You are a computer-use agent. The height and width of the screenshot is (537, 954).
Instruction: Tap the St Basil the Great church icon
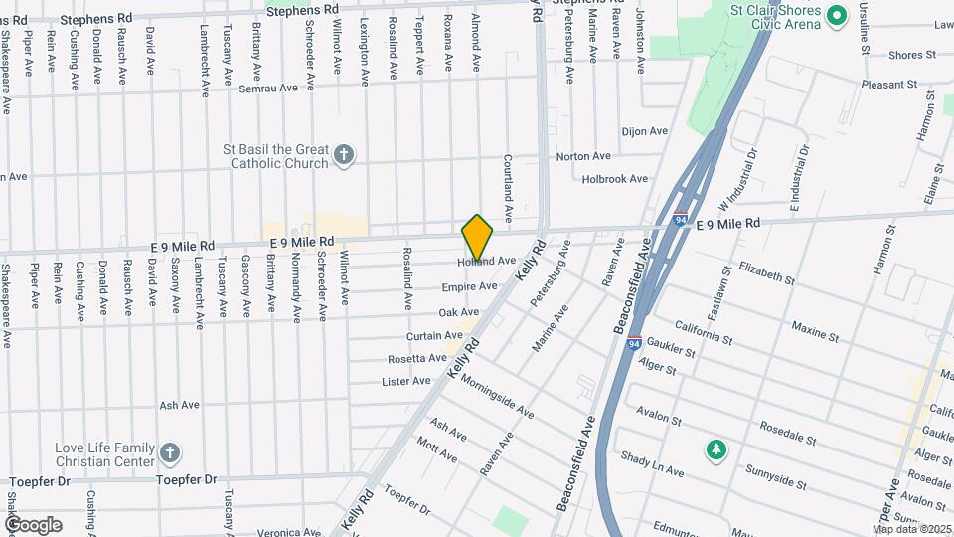(x=344, y=154)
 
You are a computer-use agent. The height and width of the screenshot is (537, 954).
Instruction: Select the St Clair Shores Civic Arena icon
(x=836, y=15)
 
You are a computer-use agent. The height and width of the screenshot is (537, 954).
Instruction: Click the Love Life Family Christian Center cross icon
(x=170, y=453)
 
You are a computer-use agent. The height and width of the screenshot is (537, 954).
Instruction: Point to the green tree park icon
(x=715, y=451)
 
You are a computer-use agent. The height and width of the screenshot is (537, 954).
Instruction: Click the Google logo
(x=33, y=525)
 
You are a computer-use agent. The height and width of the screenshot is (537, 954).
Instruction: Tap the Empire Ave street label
(x=469, y=286)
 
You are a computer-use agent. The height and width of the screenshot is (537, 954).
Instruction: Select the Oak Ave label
(x=459, y=312)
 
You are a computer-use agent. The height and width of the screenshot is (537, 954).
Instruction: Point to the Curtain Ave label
(x=435, y=336)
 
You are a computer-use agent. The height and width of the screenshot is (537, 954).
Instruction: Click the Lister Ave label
(x=406, y=381)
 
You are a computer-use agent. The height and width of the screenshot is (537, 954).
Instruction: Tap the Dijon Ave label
(x=644, y=131)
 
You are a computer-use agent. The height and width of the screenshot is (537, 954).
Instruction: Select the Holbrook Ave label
(x=614, y=179)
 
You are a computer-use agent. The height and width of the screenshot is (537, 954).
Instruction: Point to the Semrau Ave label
(x=268, y=89)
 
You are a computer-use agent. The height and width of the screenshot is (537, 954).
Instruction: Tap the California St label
(x=703, y=331)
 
